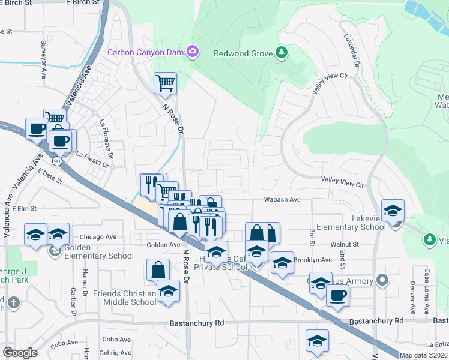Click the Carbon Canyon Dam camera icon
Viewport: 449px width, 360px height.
(193, 52)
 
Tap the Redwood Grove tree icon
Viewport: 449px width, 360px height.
(280, 53)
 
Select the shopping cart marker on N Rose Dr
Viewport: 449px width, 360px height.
(165, 84)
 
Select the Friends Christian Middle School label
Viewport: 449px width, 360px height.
(125, 298)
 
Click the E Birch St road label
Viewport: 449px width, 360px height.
(82, 3)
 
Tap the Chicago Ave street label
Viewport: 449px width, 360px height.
(98, 237)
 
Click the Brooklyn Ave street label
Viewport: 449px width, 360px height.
(312, 260)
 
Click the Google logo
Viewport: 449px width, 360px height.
(20, 353)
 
